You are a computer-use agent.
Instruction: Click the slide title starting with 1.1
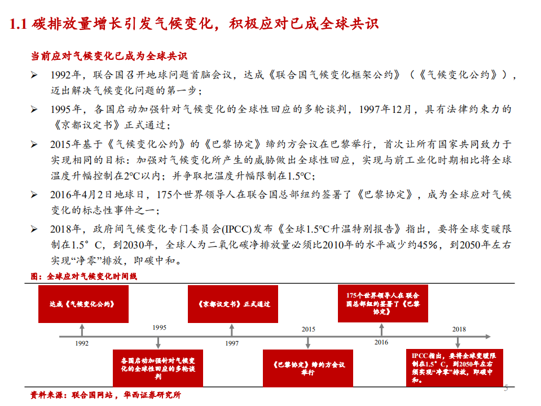[x=195, y=24]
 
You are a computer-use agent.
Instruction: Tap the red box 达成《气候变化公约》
[x=83, y=304]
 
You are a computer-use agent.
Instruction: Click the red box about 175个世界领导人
[x=382, y=304]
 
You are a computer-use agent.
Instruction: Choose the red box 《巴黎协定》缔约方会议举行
[x=307, y=368]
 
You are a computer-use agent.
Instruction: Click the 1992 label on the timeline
[x=82, y=343]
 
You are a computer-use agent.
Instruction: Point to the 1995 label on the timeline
[x=159, y=328]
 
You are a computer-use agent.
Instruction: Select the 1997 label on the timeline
[x=232, y=343]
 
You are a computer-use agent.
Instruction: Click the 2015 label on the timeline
[x=308, y=329]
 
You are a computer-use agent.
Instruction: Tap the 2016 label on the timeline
[x=381, y=342]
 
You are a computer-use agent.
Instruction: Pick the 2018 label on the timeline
[x=459, y=329]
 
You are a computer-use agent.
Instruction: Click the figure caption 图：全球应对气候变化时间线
[x=83, y=277]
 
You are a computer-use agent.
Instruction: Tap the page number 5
[x=505, y=388]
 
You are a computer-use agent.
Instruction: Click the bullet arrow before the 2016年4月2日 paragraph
[x=34, y=195]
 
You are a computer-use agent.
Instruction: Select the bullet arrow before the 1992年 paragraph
[x=34, y=75]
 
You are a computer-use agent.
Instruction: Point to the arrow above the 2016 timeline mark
[x=382, y=329]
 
